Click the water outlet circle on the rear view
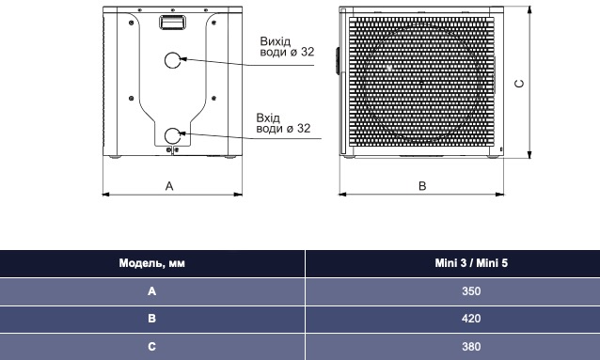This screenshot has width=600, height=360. pos(165,60)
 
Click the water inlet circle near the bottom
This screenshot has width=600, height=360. pos(165,135)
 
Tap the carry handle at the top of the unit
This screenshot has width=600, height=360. pos(172,23)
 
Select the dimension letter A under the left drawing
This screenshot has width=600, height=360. pos(169,186)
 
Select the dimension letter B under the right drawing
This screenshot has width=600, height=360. pos(422,186)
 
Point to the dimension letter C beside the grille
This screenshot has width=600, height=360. pos(520,84)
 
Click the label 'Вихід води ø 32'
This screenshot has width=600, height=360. pos(287,46)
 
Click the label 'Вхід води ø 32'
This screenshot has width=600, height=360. pos(283,123)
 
